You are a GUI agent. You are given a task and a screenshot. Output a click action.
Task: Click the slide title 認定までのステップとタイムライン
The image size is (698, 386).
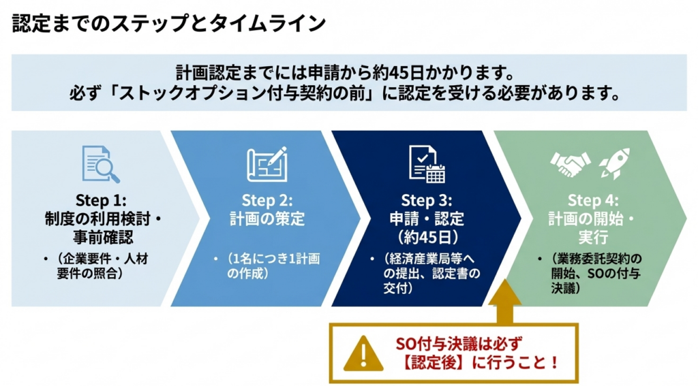click(x=169, y=23)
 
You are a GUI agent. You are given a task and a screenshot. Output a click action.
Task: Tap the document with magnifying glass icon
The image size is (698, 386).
click(x=100, y=164)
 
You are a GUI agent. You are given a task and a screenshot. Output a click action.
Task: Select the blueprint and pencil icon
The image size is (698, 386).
click(x=267, y=164)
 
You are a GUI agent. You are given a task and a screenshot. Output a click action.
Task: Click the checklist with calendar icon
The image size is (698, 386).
click(x=427, y=164)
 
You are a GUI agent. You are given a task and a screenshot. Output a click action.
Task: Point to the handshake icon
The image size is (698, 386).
click(x=570, y=164)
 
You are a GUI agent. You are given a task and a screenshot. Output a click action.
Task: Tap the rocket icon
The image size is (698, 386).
click(x=613, y=164)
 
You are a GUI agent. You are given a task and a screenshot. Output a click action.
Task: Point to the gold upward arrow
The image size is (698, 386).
click(x=505, y=300)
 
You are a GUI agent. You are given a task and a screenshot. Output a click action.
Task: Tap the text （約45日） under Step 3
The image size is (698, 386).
click(x=427, y=238)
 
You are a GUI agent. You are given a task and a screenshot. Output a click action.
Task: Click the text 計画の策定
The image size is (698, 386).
click(x=267, y=219)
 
